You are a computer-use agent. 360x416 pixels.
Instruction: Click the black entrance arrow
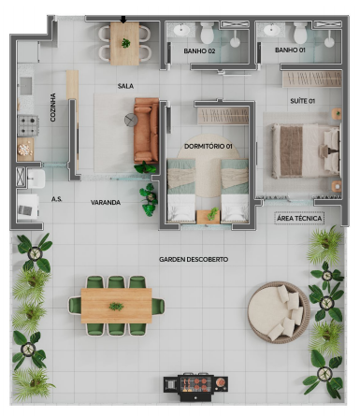click(x=123, y=20)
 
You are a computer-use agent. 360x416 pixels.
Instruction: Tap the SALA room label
click(x=125, y=86)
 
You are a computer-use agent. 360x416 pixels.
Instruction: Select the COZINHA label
click(x=53, y=108)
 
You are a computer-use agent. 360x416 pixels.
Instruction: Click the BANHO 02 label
click(x=199, y=50)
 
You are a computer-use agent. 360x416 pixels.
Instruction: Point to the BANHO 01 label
click(x=290, y=50)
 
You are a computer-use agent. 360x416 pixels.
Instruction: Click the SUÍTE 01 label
click(x=302, y=101)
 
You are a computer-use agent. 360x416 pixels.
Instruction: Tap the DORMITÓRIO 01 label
click(x=209, y=146)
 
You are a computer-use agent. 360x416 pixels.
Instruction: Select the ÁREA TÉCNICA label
click(x=299, y=219)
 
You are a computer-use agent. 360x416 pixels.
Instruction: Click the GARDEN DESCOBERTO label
click(x=194, y=259)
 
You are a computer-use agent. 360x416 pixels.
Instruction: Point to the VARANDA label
click(x=106, y=203)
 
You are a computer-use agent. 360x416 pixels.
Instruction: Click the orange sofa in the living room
click(x=146, y=130)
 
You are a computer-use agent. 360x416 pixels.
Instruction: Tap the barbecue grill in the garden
click(x=195, y=386)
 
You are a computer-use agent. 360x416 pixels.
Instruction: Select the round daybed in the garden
click(x=279, y=312)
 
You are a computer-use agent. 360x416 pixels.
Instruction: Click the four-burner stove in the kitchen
click(x=28, y=126)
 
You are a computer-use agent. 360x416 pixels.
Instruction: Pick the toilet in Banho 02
click(x=208, y=32)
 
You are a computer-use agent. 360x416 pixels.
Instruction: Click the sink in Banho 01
click(x=272, y=30)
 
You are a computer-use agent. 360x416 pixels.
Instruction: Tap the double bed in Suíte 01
click(x=306, y=151)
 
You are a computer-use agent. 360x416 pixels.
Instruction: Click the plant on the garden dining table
click(x=116, y=307)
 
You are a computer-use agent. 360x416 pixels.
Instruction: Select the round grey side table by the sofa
click(x=131, y=120)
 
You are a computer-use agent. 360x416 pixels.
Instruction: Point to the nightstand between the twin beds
click(x=209, y=217)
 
